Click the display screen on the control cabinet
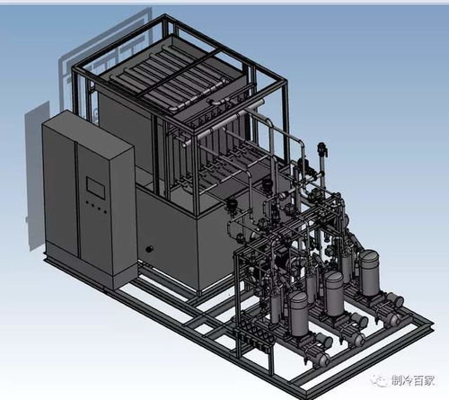(x=96, y=188)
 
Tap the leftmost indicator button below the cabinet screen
(x=87, y=202)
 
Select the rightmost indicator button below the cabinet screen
(x=105, y=212)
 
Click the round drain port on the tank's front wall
(x=149, y=249)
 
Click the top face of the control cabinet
(x=88, y=132)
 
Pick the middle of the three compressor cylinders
(x=334, y=293)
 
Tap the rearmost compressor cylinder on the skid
(x=370, y=273)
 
